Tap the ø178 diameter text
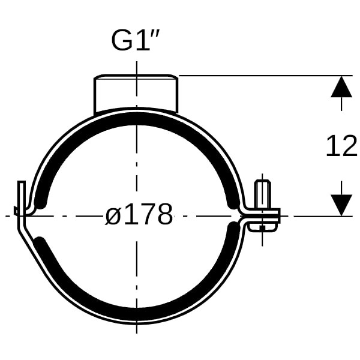click(139, 214)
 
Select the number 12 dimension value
click(342, 146)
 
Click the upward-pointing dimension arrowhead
click(341, 87)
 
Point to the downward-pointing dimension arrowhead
click(341, 205)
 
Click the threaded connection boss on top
click(136, 94)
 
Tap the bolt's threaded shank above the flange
click(262, 194)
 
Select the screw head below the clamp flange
click(262, 227)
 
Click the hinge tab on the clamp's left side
click(22, 205)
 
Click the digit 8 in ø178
click(164, 214)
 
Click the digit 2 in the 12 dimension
click(350, 146)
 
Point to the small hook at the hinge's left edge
click(16, 211)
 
